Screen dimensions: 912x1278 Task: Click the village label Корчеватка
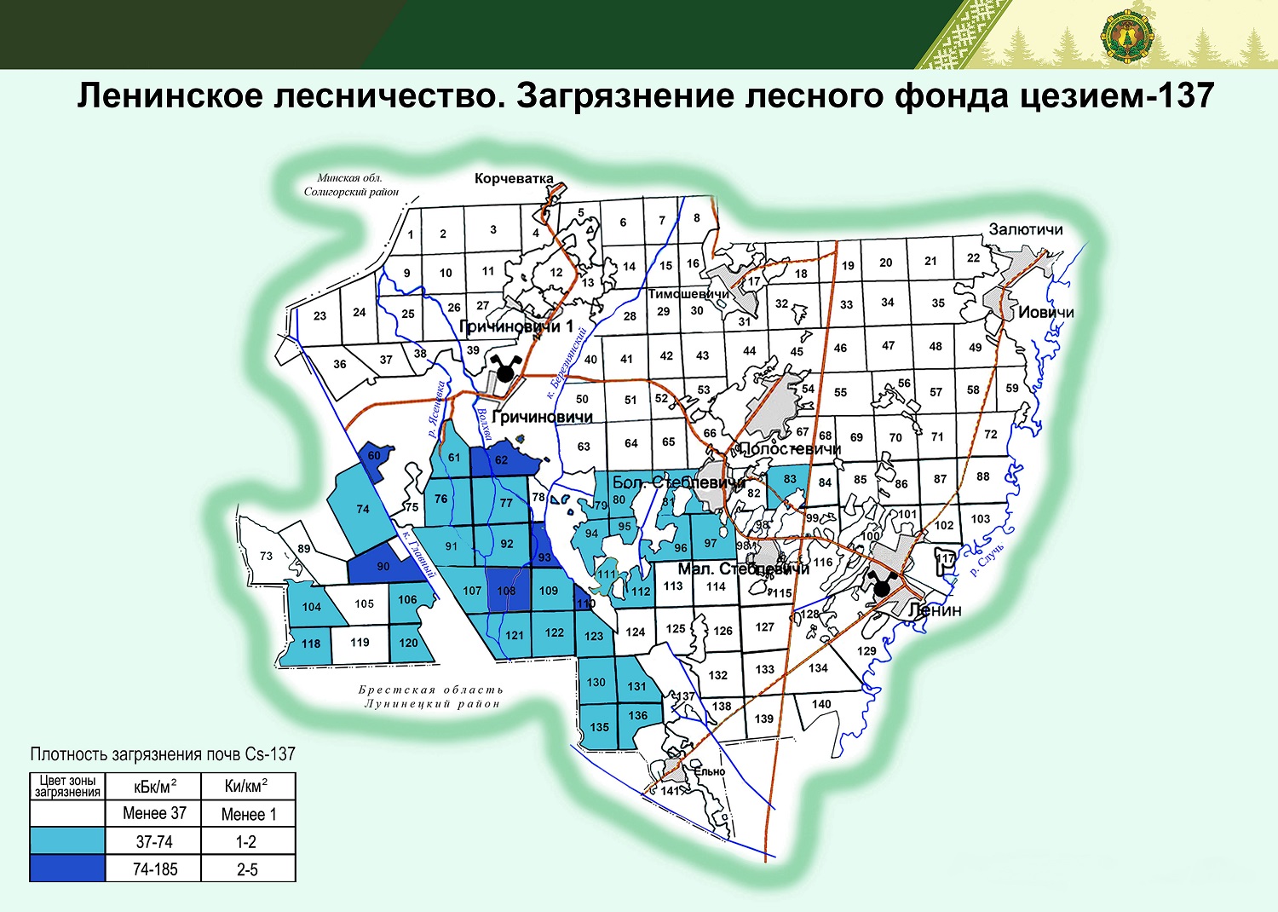tap(514, 179)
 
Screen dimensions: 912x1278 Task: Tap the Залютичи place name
tap(1026, 230)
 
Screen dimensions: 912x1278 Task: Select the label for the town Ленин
tap(935, 610)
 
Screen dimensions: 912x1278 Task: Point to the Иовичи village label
tap(1045, 313)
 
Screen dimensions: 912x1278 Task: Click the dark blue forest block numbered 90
tap(383, 567)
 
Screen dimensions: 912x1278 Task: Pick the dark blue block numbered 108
tap(506, 591)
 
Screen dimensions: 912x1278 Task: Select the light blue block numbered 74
tap(363, 509)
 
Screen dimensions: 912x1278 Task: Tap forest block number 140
tap(821, 704)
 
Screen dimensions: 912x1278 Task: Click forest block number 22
tap(973, 257)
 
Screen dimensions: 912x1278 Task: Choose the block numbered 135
tap(599, 727)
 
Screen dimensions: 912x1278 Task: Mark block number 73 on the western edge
tap(266, 556)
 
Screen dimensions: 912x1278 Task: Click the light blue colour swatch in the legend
tap(67, 841)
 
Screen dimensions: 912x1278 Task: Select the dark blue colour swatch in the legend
tap(67, 869)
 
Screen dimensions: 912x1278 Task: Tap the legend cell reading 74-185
tap(154, 869)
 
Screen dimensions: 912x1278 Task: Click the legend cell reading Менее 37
tap(154, 813)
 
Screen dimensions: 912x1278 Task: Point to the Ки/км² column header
tap(246, 786)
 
